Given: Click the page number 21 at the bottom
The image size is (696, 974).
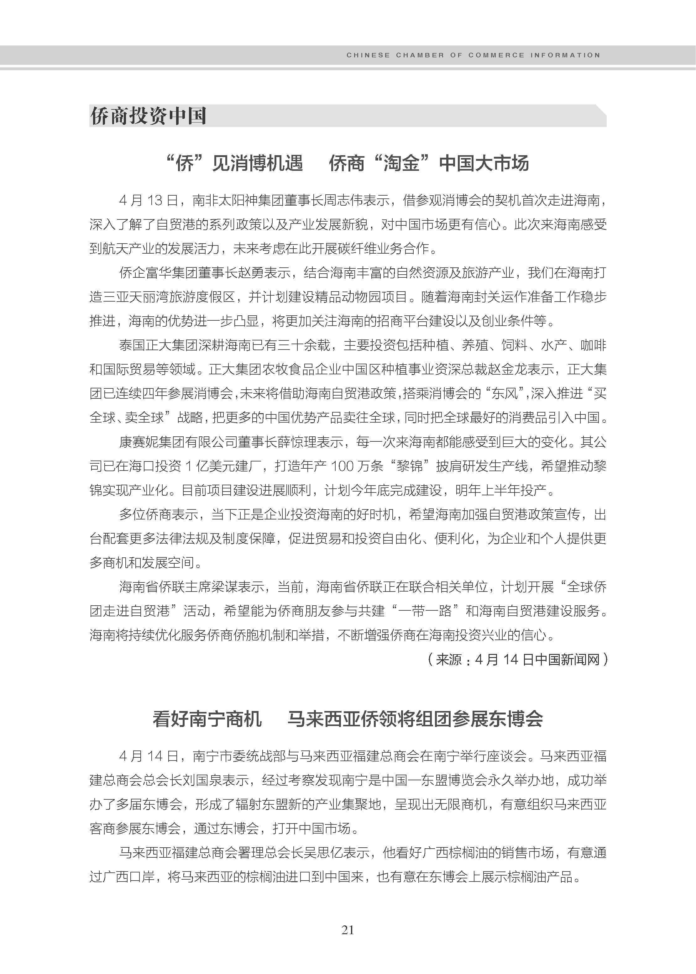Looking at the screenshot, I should tap(348, 929).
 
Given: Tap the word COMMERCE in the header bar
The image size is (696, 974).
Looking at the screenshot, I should tap(496, 55).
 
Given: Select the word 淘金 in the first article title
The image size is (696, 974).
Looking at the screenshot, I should tap(401, 163).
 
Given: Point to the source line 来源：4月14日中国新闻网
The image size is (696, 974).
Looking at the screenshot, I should tap(518, 659).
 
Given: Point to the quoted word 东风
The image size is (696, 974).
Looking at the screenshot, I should tap(505, 393).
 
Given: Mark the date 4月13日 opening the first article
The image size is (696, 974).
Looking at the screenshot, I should tap(148, 200).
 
